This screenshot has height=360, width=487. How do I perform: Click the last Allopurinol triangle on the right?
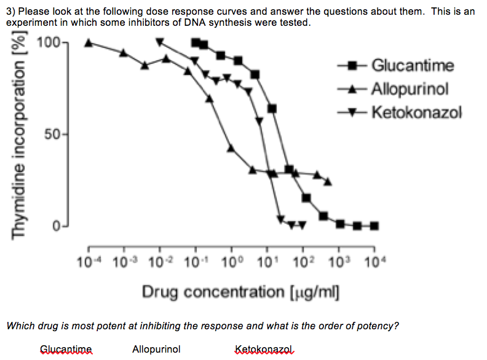(x=328, y=182)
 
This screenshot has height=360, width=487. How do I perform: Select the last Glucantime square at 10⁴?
(x=374, y=225)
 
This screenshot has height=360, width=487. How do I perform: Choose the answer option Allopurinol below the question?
(x=156, y=349)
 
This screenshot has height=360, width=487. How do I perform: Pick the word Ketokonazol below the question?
(x=261, y=349)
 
